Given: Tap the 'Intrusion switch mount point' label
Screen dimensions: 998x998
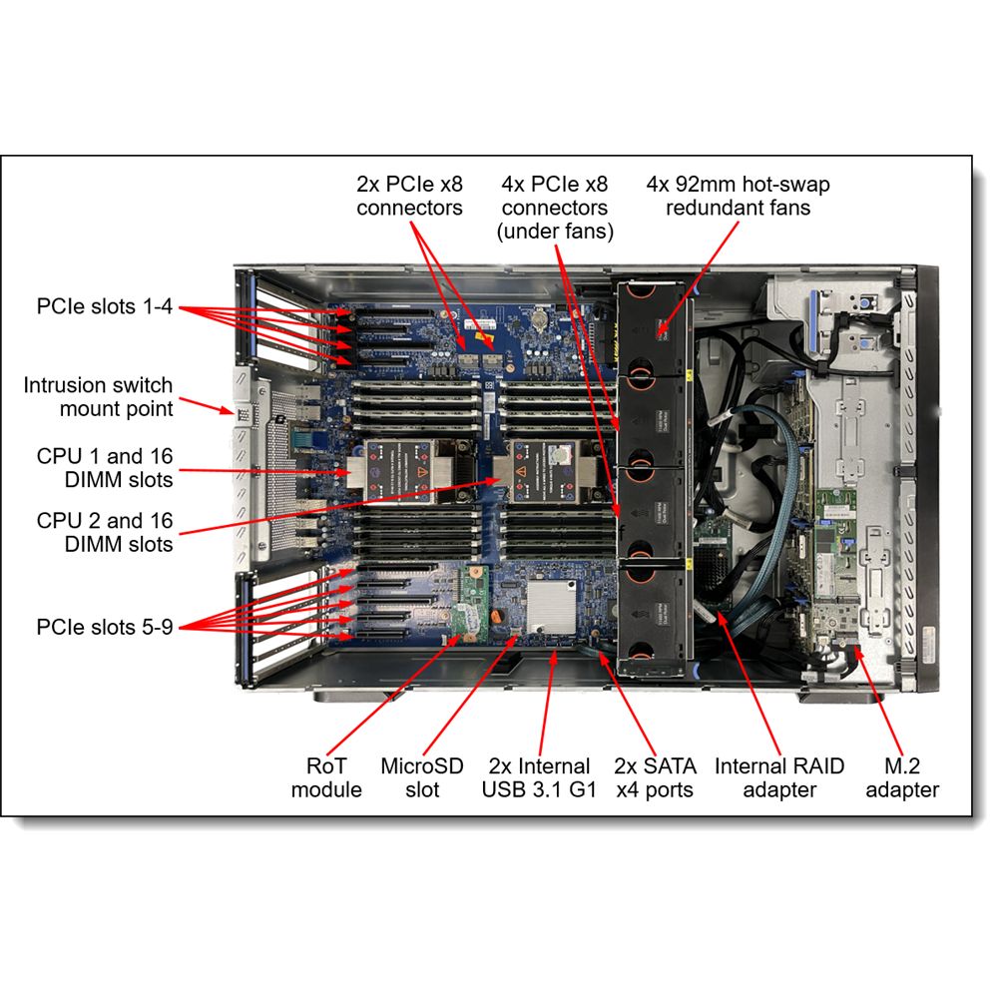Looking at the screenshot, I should pyautogui.click(x=98, y=396).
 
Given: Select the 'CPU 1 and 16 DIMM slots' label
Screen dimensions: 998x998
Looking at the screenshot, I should pyautogui.click(x=105, y=467).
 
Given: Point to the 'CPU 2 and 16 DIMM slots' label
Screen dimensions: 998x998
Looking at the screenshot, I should pyautogui.click(x=105, y=532).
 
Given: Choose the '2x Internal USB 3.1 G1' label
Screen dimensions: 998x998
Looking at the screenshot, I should pyautogui.click(x=539, y=777).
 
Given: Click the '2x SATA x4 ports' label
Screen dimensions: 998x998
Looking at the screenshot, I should pyautogui.click(x=654, y=777).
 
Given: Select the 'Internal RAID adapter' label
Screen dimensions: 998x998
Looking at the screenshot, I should pyautogui.click(x=779, y=777).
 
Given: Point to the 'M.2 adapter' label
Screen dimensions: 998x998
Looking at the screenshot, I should pyautogui.click(x=901, y=777).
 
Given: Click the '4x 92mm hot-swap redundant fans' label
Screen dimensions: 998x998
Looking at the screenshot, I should pyautogui.click(x=738, y=196).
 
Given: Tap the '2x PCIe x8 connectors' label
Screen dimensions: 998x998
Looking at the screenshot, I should pyautogui.click(x=409, y=196).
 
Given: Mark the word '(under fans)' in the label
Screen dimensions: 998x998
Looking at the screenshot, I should pyautogui.click(x=555, y=232).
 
